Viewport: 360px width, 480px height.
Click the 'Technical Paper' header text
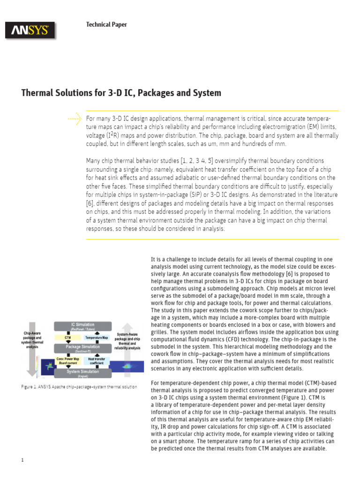(106, 24)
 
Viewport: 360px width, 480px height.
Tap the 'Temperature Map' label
(97, 337)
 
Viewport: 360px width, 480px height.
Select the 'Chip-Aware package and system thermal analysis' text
(32, 340)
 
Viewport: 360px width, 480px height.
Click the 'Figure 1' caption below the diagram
(79, 387)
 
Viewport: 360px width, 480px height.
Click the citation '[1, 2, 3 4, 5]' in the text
(194, 161)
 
